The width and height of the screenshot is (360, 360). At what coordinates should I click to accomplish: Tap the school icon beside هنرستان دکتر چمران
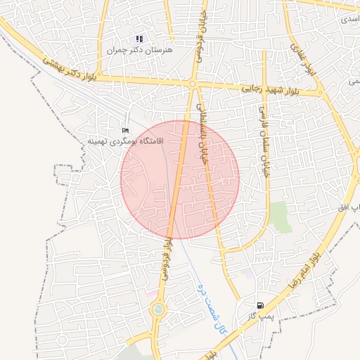pyautogui.click(x=139, y=39)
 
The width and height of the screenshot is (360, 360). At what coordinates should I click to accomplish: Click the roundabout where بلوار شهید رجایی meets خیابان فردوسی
pyautogui.click(x=192, y=84)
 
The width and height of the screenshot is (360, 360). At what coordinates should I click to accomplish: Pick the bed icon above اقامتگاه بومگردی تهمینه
pyautogui.click(x=126, y=129)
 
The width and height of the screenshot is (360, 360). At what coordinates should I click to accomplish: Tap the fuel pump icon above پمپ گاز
pyautogui.click(x=262, y=306)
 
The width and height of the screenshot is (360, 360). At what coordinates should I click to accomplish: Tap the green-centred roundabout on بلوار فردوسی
pyautogui.click(x=157, y=309)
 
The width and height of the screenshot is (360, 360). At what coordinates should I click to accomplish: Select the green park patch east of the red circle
pyautogui.click(x=281, y=217)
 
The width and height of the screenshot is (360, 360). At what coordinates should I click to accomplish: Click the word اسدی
pyautogui.click(x=349, y=19)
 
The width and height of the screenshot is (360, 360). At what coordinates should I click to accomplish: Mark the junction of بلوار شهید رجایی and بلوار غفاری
pyautogui.click(x=320, y=92)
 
